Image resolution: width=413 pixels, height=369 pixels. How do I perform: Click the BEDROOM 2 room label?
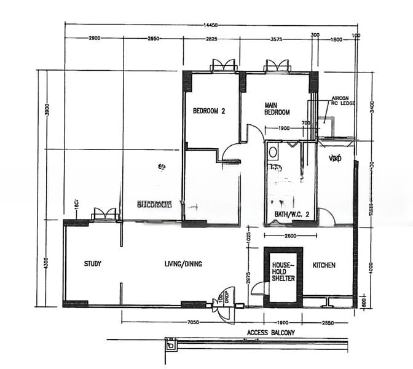point(209,111)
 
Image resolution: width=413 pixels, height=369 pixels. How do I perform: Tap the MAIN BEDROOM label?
point(277,109)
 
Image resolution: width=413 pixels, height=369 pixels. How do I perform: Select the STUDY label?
point(93,264)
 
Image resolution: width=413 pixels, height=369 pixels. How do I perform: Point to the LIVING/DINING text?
point(183,264)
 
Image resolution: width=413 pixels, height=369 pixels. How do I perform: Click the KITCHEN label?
point(324,265)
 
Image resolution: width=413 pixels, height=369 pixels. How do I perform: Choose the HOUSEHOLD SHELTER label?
point(283,271)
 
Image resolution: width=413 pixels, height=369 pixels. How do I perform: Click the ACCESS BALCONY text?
point(270,333)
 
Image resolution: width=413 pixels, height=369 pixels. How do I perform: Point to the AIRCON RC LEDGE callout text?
point(343,101)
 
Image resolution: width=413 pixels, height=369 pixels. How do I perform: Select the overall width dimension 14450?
point(210,25)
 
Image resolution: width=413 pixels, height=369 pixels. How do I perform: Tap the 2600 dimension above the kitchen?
point(290,236)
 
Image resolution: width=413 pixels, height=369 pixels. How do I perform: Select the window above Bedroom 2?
point(222,66)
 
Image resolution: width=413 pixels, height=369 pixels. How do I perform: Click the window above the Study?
point(104,214)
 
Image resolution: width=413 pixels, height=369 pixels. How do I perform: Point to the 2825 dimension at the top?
point(211,39)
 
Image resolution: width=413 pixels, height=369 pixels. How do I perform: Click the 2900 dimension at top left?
point(94,39)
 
